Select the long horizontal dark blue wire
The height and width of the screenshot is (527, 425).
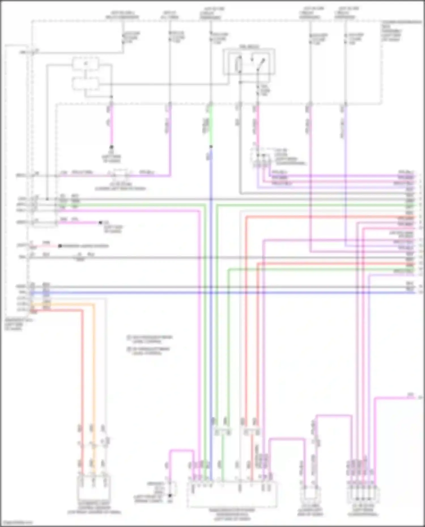(x=227, y=292)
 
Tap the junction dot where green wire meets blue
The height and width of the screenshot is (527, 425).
(x=211, y=147)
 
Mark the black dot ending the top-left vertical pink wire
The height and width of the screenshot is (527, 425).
(x=111, y=147)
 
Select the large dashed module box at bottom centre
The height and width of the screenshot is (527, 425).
(x=232, y=494)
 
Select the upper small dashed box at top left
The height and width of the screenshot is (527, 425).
(x=86, y=63)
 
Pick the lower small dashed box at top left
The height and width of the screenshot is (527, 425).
(x=86, y=84)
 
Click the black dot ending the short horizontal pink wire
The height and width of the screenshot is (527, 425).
(x=100, y=223)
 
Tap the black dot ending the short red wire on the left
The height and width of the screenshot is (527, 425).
(x=60, y=246)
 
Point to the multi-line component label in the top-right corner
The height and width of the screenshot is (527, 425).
(x=397, y=31)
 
